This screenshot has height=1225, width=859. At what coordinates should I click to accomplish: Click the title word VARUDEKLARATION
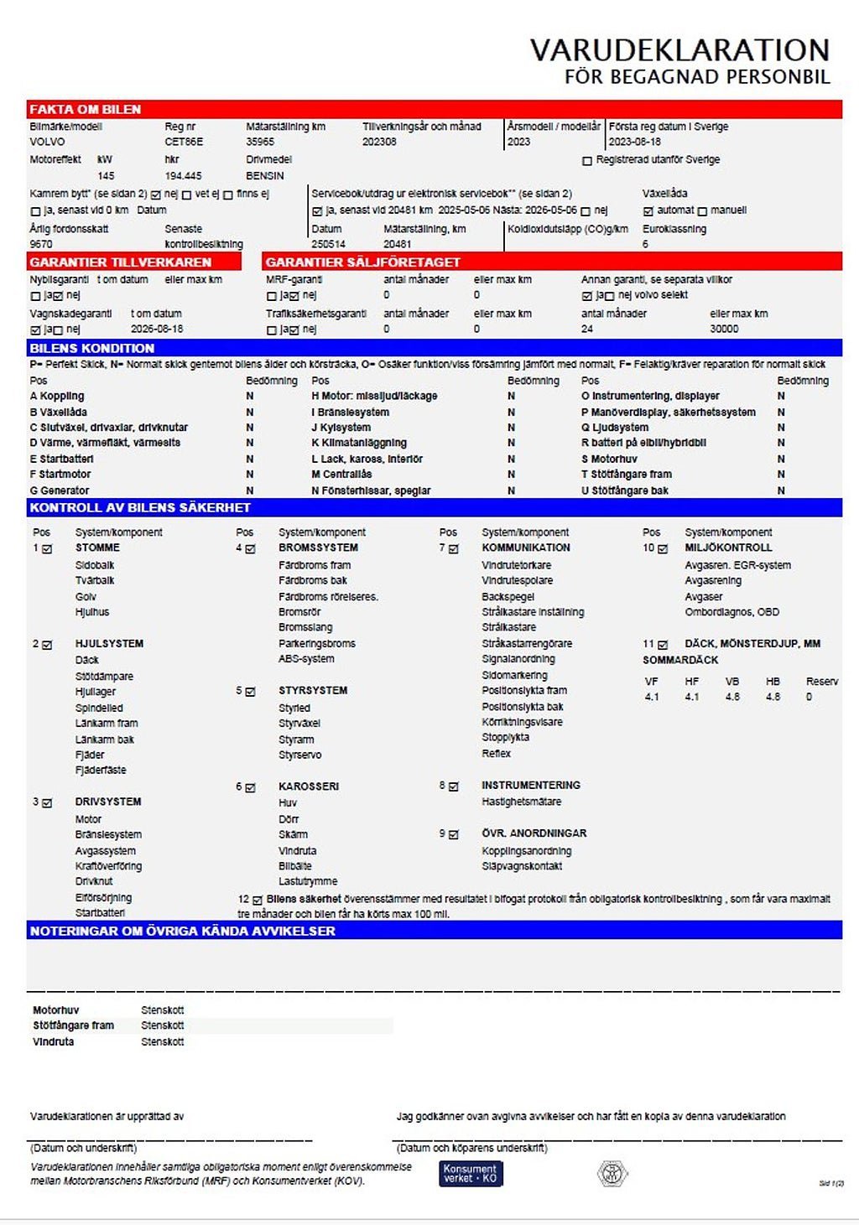point(679,50)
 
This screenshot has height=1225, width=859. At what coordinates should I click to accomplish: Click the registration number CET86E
point(184,142)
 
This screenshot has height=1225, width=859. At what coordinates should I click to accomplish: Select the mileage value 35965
point(260,142)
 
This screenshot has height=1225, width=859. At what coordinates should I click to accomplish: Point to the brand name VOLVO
point(47,142)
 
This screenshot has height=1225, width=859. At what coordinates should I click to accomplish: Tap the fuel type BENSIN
point(265,176)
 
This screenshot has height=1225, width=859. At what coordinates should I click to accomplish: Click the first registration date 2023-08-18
point(635,142)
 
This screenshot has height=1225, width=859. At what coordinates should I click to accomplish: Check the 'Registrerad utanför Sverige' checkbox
point(587,160)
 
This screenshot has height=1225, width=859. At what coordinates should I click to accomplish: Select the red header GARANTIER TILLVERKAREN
point(121,262)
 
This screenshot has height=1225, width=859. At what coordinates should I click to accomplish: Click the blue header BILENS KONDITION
point(92,348)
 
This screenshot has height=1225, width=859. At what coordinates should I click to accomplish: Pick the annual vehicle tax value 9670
point(41,244)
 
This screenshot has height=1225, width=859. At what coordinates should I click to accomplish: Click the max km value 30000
point(724,329)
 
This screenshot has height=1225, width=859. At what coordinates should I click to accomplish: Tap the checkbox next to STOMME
point(47,549)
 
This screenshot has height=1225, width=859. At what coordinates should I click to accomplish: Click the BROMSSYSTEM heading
point(318,548)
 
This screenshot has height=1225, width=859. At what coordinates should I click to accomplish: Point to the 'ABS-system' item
point(306,659)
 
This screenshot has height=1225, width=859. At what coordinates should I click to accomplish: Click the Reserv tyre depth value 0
point(809,697)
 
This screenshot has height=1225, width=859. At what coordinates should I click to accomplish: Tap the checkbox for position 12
point(258,900)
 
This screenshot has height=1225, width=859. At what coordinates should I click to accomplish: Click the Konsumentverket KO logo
point(471,1173)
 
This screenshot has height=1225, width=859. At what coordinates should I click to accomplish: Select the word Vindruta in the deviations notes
point(54,1041)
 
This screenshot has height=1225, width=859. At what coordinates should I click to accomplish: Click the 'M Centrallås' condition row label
point(341,475)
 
